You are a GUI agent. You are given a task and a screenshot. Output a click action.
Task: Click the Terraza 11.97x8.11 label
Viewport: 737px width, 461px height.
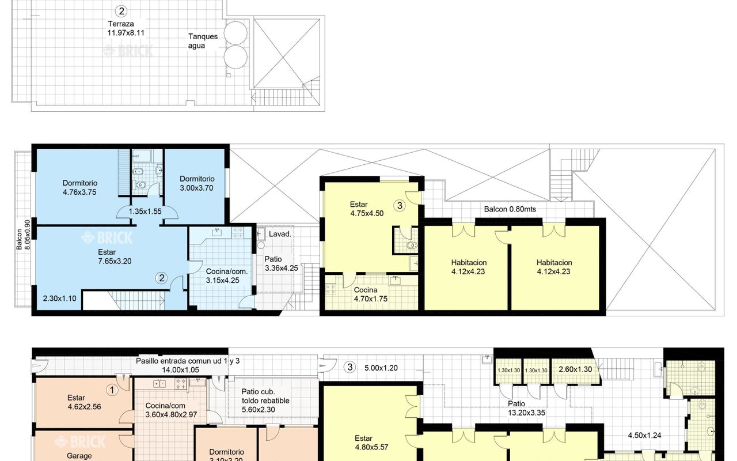(x=126, y=28)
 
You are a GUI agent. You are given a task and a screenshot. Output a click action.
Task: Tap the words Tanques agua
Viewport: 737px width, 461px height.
(x=203, y=41)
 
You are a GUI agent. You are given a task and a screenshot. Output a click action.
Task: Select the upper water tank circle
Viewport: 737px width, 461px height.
(x=235, y=33)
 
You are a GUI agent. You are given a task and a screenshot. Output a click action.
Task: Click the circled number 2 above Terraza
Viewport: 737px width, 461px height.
(x=121, y=11)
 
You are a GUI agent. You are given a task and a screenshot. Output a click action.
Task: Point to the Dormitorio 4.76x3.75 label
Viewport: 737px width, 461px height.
(x=79, y=187)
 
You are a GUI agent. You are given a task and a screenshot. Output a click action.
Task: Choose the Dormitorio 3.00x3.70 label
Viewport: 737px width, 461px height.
(x=197, y=183)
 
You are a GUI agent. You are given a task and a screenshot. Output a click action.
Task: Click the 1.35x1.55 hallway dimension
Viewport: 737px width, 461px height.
(x=145, y=211)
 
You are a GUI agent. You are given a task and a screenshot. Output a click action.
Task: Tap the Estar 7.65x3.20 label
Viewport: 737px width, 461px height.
(x=115, y=256)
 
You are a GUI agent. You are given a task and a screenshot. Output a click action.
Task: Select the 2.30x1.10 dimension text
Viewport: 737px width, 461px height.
(x=59, y=298)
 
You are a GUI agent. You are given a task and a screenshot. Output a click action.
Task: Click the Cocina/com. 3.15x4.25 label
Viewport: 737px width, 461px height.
(x=226, y=276)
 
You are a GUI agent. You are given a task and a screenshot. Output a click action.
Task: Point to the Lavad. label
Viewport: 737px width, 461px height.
(x=280, y=234)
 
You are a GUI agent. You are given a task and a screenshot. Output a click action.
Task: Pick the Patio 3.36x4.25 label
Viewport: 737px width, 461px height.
(x=282, y=264)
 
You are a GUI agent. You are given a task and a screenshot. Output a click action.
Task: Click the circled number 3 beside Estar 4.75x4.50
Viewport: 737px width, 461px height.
(x=400, y=206)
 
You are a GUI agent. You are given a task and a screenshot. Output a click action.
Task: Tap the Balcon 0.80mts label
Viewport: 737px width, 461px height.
(x=510, y=209)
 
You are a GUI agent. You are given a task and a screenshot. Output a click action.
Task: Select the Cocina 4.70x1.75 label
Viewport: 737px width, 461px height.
(x=370, y=294)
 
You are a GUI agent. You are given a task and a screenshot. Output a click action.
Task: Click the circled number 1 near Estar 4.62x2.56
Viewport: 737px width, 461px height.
(x=112, y=390)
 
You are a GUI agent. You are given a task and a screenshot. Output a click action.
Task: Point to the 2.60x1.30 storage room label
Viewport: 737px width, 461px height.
(x=575, y=369)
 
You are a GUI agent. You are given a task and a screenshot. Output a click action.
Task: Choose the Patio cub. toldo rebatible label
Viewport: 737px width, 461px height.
(x=265, y=400)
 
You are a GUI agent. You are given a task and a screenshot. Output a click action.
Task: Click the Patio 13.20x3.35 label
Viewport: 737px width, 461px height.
(x=526, y=409)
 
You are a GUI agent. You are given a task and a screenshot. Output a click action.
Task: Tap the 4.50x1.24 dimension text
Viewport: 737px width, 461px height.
(x=644, y=435)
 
